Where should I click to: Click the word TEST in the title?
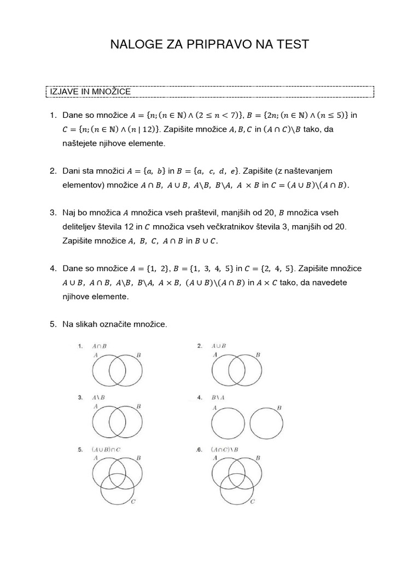291,45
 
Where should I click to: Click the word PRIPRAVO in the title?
212,45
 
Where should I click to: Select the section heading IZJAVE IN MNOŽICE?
90,91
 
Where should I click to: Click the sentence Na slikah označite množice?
114,324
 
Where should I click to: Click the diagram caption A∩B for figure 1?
100,346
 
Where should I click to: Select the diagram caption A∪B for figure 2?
219,346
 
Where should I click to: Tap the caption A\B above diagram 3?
98,397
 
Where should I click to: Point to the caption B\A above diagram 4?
219,397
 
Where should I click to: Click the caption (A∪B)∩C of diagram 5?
107,449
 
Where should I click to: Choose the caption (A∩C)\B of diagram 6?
226,449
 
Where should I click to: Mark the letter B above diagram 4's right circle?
279,408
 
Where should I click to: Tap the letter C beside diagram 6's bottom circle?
252,501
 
